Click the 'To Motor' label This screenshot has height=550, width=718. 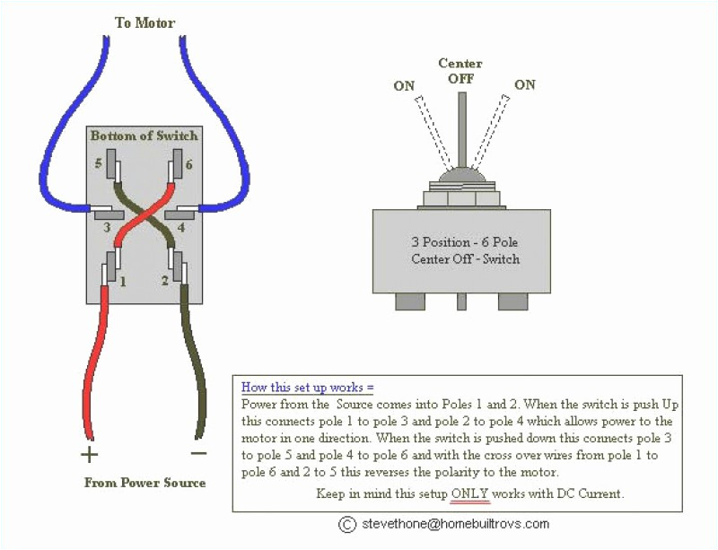[x=144, y=22]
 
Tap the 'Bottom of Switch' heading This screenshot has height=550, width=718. [x=143, y=135]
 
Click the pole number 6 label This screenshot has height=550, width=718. [x=188, y=165]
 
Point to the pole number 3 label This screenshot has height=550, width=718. [x=106, y=228]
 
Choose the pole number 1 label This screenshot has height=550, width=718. [x=122, y=281]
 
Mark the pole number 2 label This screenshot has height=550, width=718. [x=165, y=281]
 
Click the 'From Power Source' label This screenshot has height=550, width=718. [x=144, y=483]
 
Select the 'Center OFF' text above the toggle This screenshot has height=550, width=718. [x=460, y=71]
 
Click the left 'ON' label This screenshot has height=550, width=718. [x=404, y=86]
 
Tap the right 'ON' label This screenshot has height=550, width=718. [x=525, y=84]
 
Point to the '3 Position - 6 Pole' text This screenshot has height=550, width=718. [x=465, y=242]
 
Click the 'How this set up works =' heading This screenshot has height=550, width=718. [x=307, y=388]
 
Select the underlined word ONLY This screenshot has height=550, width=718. [x=471, y=493]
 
